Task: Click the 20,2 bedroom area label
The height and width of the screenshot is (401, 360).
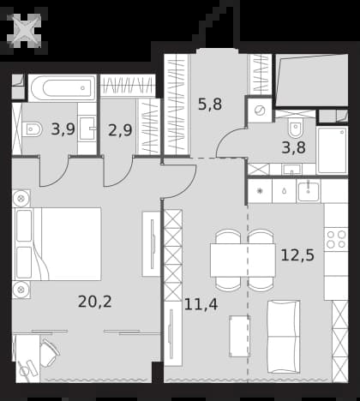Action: pyautogui.click(x=95, y=302)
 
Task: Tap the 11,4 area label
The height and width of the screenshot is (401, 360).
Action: pyautogui.click(x=201, y=304)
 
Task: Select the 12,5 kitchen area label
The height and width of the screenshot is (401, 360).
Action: pyautogui.click(x=297, y=255)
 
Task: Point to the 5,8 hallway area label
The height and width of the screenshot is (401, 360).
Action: pyautogui.click(x=210, y=105)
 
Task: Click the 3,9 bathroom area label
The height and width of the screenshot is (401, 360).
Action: pyautogui.click(x=63, y=129)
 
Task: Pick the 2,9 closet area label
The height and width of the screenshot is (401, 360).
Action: pyautogui.click(x=120, y=130)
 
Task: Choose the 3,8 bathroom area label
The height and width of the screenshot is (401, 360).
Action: pyautogui.click(x=293, y=148)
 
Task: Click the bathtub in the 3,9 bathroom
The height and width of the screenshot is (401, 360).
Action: pyautogui.click(x=62, y=88)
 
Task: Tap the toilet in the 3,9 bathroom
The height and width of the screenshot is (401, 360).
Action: pyautogui.click(x=32, y=129)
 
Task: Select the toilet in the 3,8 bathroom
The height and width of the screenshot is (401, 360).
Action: pyautogui.click(x=295, y=128)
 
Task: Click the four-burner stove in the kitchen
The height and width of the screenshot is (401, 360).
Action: pyautogui.click(x=336, y=239)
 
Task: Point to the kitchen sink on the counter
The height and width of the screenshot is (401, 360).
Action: pyautogui.click(x=309, y=191)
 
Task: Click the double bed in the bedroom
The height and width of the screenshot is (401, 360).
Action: pyautogui.click(x=57, y=244)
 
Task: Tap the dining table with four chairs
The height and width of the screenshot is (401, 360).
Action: pyautogui.click(x=243, y=260)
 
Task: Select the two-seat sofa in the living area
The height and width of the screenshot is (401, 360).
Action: pyautogui.click(x=284, y=337)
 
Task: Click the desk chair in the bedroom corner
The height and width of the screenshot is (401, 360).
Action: pyautogui.click(x=49, y=352)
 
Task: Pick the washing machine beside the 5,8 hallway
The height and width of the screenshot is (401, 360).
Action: pyautogui.click(x=260, y=111)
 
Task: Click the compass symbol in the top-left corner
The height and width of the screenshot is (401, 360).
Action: pyautogui.click(x=24, y=31)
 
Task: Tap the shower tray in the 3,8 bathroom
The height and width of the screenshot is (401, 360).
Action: pyautogui.click(x=333, y=150)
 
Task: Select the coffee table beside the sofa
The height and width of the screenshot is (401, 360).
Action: pyautogui.click(x=239, y=336)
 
